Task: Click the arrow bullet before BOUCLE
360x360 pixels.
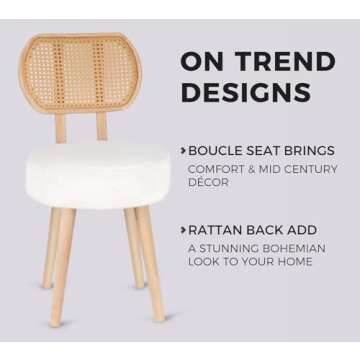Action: click(183, 151)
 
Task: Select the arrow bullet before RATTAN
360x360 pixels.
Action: click(183, 230)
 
